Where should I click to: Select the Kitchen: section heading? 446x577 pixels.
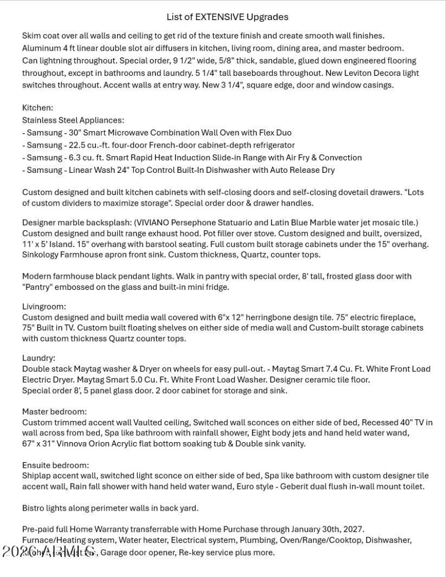(37, 108)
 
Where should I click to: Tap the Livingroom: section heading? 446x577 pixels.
(44, 307)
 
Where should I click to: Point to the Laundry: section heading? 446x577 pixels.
(38, 358)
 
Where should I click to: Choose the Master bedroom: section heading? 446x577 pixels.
(54, 412)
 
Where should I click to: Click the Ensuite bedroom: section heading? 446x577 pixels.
(56, 465)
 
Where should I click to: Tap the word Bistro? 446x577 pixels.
(33, 508)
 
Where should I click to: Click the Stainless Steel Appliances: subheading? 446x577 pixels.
(73, 120)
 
